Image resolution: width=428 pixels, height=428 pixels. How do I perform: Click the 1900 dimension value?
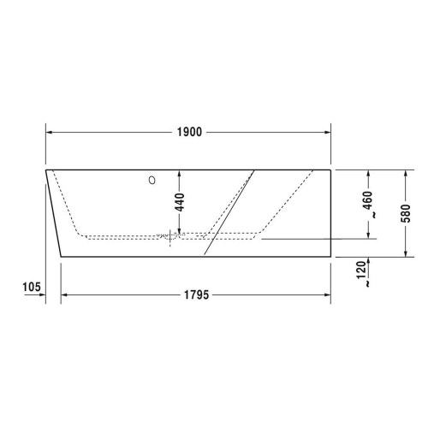click(189, 132)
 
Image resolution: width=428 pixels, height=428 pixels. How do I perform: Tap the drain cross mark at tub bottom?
click(171, 237)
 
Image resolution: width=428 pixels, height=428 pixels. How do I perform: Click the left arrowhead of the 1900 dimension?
click(50, 132)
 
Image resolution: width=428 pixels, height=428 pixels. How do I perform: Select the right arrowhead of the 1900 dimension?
click(327, 132)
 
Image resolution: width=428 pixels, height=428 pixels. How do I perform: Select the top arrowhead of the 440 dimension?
click(179, 173)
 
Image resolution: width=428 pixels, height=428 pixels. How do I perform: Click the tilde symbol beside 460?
click(369, 218)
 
